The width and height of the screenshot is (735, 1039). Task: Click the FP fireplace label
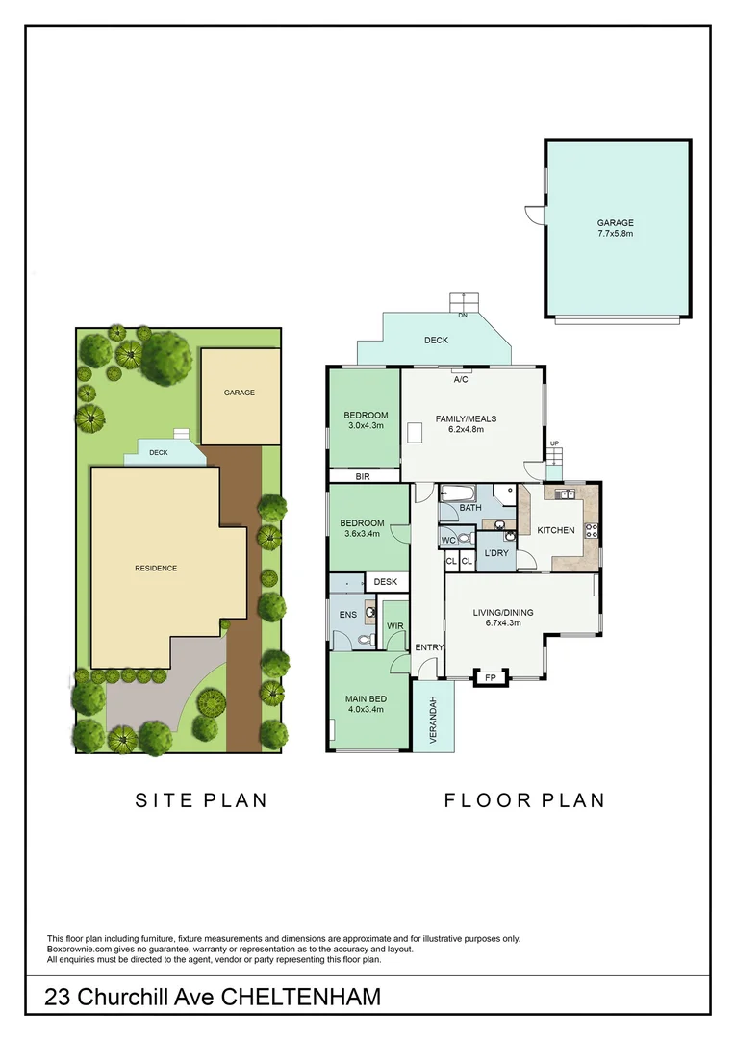click(x=490, y=677)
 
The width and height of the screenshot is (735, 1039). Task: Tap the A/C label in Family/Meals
click(x=461, y=379)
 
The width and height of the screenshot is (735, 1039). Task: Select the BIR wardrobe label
click(x=363, y=475)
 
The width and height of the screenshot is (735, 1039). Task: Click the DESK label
click(x=386, y=582)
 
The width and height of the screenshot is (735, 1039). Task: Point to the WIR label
click(x=394, y=626)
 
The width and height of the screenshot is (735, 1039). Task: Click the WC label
click(x=448, y=541)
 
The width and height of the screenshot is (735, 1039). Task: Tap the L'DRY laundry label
click(x=496, y=553)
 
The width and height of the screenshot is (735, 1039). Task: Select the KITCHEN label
click(x=555, y=530)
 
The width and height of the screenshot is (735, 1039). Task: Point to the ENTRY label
click(x=428, y=647)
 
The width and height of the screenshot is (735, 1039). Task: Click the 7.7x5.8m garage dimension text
click(x=616, y=233)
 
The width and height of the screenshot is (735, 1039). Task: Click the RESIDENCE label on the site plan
click(x=156, y=568)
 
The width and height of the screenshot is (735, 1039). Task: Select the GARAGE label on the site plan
click(x=240, y=393)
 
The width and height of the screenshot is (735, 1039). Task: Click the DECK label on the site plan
click(x=159, y=451)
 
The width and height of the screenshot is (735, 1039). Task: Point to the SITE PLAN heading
click(x=200, y=799)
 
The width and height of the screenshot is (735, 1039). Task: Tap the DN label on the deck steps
click(x=463, y=315)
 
